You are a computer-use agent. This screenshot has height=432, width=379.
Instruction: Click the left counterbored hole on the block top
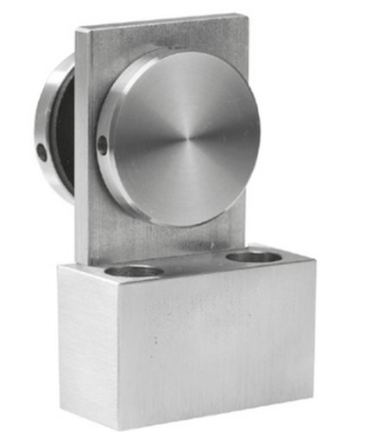point(136,271)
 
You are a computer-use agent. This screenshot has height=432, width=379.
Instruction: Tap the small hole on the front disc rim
point(103,146)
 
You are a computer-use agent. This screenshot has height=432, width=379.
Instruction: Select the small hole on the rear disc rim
point(41,152)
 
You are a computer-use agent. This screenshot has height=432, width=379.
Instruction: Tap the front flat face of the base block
point(216,346)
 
